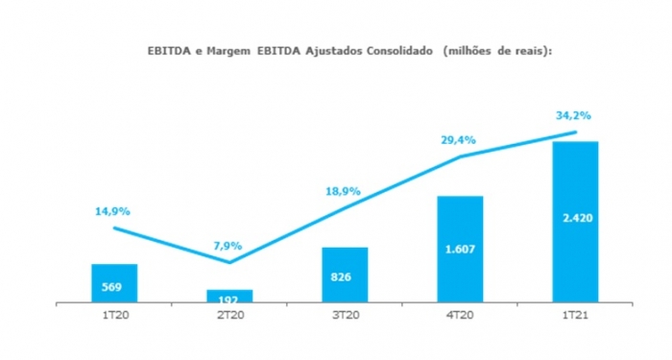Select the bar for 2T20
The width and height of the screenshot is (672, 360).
pyautogui.click(x=229, y=292)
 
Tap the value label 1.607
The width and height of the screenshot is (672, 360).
pyautogui.click(x=460, y=250)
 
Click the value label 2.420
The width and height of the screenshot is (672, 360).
pyautogui.click(x=575, y=218)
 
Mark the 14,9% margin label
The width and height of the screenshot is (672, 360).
pyautogui.click(x=111, y=211)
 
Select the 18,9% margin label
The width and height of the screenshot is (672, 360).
pyautogui.click(x=343, y=191)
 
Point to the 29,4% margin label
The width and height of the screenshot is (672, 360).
pyautogui.click(x=458, y=138)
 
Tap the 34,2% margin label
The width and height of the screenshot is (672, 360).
pyautogui.click(x=573, y=114)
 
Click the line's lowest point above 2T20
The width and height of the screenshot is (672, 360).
pyautogui.click(x=229, y=261)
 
